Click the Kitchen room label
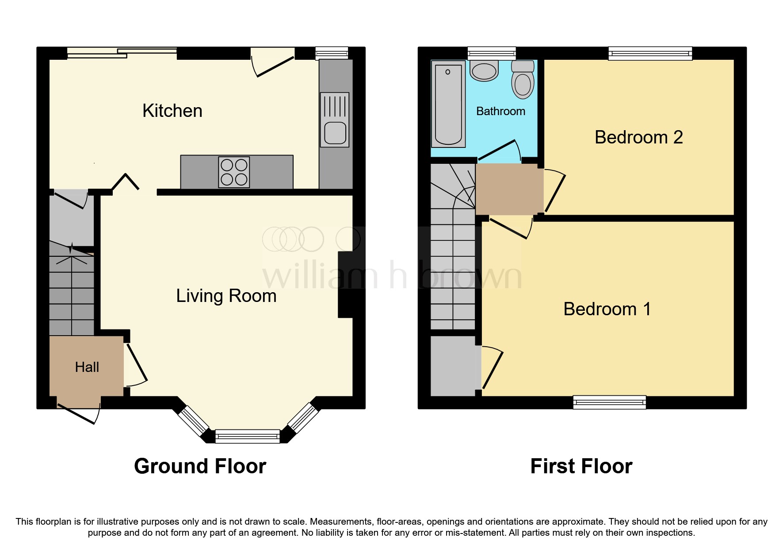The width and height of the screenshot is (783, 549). (172, 111)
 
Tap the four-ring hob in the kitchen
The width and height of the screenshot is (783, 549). (234, 172)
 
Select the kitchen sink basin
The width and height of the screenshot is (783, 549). (335, 133)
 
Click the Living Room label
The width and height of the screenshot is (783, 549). (226, 296)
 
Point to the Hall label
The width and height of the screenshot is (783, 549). (87, 367)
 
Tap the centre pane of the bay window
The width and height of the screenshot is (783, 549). (248, 437)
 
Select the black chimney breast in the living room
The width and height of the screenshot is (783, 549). (346, 285)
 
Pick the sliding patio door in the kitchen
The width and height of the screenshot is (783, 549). (122, 53)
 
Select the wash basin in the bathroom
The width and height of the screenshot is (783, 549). (484, 72)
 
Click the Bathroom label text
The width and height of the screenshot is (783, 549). (500, 111)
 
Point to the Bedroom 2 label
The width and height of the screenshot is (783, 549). (638, 137)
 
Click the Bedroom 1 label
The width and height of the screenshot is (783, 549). (607, 309)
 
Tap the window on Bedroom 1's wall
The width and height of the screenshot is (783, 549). (609, 402)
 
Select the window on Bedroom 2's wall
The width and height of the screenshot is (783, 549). (650, 54)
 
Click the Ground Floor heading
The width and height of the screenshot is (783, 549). (200, 466)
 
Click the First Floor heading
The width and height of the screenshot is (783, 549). (581, 466)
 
